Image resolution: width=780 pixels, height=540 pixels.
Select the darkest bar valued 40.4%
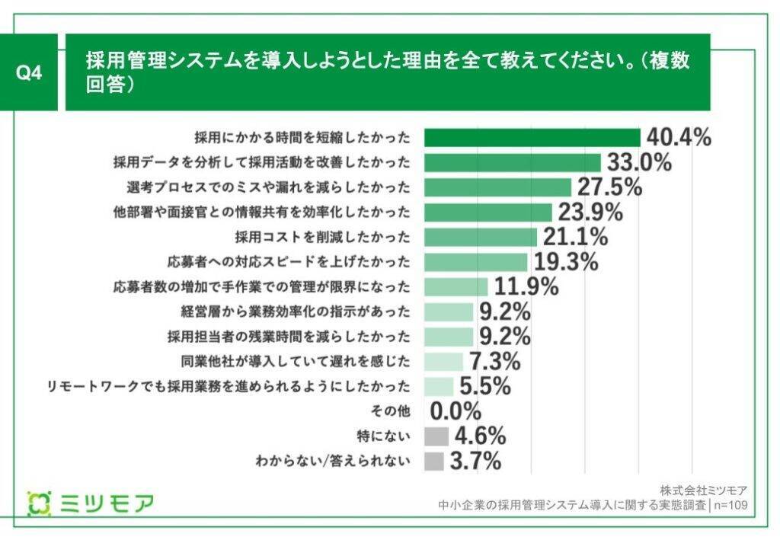pyautogui.click(x=532, y=137)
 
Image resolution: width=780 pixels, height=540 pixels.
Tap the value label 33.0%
pyautogui.click(x=638, y=162)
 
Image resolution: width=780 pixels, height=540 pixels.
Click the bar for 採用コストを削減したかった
pyautogui.click(x=480, y=237)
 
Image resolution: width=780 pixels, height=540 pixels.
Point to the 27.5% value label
pyautogui.click(x=609, y=187)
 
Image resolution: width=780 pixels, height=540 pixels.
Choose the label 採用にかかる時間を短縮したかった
pyautogui.click(x=302, y=137)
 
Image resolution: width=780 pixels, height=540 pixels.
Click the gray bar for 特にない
pyautogui.click(x=436, y=436)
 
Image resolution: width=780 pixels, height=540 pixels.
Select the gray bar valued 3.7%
pyautogui.click(x=433, y=462)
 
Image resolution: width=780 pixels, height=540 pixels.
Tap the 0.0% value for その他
pyautogui.click(x=456, y=412)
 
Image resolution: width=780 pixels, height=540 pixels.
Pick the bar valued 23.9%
pyautogui.click(x=487, y=212)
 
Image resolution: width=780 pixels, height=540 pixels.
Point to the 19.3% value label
pyautogui.click(x=564, y=262)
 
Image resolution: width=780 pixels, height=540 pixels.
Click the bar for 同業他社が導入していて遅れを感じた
pyautogui.click(x=443, y=362)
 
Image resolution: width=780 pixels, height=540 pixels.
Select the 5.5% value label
pyautogui.click(x=484, y=387)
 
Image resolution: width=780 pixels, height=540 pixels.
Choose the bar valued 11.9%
pyautogui.click(x=456, y=287)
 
